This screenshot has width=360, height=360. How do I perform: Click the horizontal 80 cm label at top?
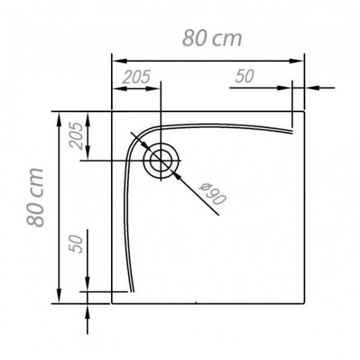pos(212,38)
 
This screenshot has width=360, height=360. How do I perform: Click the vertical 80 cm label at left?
pos(35,197)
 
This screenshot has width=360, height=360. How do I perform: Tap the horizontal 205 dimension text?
pos(136,77)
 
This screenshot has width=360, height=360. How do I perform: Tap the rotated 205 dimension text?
pos(76,136)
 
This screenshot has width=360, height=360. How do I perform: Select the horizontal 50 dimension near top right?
pos(245,76)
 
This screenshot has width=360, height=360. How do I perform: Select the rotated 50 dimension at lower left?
pos(76,244)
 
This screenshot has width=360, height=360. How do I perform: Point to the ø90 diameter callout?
pos(212,194)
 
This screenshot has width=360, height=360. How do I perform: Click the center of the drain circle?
pos(161,160)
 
